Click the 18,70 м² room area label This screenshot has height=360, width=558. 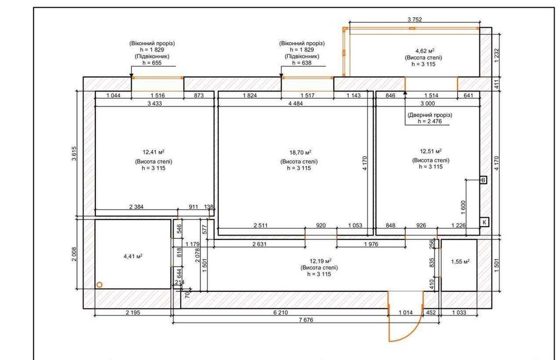click(300, 152)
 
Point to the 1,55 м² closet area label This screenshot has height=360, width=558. click(460, 262)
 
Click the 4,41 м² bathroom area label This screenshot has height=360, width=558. click(133, 256)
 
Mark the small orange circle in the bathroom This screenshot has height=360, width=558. click(100, 285)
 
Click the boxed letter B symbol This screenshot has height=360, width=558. click(483, 180)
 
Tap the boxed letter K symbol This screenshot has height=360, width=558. click(484, 222)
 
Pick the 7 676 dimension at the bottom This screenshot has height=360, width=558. click(306, 320)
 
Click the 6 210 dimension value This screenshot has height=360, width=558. click(281, 313)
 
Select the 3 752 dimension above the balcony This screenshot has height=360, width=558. click(415, 20)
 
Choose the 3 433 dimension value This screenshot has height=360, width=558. click(155, 104)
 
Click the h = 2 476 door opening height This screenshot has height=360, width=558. click(430, 121)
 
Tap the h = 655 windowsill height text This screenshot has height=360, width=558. click(152, 63)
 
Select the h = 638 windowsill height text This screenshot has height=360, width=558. click(302, 63)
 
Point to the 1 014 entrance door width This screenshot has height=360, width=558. click(406, 313)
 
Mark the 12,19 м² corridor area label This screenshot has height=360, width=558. click(319, 261)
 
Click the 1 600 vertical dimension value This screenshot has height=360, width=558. click(463, 207)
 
